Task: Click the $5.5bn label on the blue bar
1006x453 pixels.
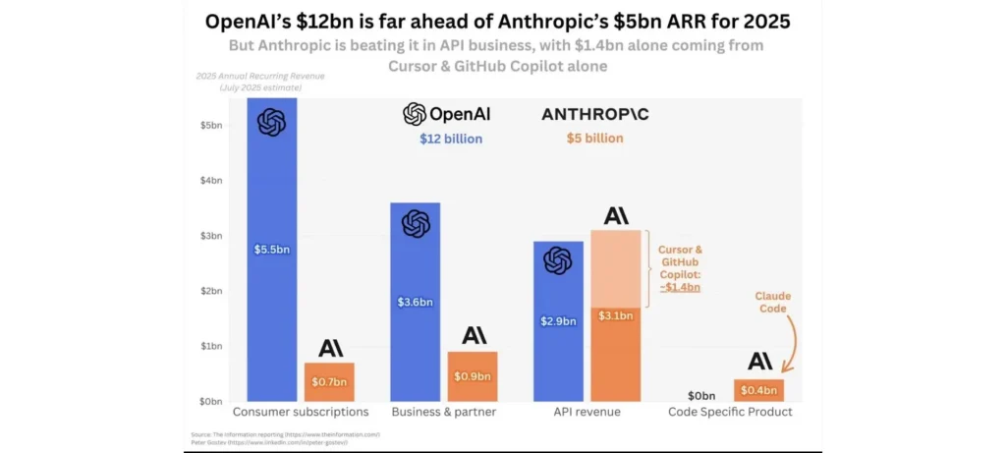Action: (272, 250)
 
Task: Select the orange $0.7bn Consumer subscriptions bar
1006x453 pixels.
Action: (329, 382)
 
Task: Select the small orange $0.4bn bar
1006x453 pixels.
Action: (759, 391)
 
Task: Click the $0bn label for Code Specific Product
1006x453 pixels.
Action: (701, 394)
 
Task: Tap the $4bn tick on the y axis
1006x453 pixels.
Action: (213, 180)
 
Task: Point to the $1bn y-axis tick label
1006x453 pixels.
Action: (213, 346)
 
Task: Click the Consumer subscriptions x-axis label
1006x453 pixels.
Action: (300, 412)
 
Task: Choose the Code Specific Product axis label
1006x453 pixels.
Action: (731, 412)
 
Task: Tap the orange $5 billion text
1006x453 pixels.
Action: (595, 139)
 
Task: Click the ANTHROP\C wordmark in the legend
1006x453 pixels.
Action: (595, 114)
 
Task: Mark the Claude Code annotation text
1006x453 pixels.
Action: (772, 303)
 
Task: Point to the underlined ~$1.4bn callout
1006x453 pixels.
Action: (680, 287)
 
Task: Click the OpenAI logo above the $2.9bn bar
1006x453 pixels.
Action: (558, 260)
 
